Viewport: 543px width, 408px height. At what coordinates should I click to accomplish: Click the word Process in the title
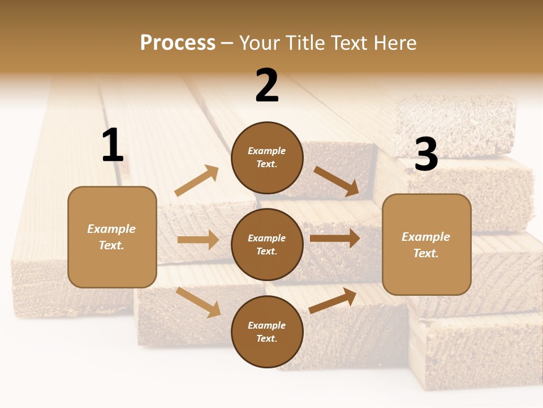[178, 43]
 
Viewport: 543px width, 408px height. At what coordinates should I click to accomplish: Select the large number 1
[113, 146]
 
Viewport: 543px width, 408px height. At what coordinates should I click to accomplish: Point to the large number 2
[267, 86]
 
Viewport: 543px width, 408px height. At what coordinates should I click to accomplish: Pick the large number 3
[426, 155]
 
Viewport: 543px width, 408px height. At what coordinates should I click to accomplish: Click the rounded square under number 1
[112, 237]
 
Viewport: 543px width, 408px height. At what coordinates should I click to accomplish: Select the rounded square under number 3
[426, 244]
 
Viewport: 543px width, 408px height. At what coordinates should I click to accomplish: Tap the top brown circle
[267, 157]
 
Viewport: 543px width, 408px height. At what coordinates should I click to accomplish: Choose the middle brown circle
[267, 244]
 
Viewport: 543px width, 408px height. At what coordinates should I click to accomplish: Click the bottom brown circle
[267, 331]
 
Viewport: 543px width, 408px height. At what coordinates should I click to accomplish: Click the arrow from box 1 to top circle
[197, 181]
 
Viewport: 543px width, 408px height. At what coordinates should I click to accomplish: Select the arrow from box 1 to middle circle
[198, 240]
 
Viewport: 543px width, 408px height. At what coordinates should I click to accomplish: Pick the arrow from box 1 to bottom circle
[198, 302]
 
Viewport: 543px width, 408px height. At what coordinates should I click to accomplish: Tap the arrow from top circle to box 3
[337, 181]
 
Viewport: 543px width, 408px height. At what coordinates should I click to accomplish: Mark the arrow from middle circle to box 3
[335, 239]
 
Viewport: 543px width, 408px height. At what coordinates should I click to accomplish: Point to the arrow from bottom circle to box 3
[333, 300]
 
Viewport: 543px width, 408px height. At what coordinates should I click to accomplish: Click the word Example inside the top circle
[267, 151]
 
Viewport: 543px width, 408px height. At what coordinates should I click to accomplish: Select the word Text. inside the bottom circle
[267, 338]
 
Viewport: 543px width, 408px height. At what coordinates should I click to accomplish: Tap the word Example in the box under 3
[426, 237]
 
